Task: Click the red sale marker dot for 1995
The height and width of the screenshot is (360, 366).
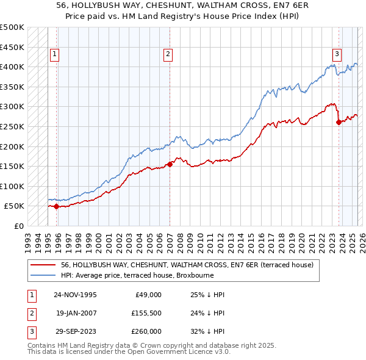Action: [x=57, y=206]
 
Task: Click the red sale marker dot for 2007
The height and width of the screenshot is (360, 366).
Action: [x=170, y=164]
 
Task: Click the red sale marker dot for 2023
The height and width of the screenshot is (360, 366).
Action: [x=339, y=122]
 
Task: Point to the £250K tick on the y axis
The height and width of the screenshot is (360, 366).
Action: [x=12, y=126]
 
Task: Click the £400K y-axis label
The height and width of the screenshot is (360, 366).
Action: [x=12, y=67]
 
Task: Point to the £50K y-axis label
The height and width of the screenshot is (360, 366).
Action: [x=14, y=206]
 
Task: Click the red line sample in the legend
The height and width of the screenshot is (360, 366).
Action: [x=43, y=265]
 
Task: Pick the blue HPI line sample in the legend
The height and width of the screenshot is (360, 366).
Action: [x=43, y=275]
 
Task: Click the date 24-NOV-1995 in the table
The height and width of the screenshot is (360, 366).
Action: [x=75, y=295]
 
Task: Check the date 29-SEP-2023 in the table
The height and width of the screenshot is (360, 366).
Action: [x=75, y=331]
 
